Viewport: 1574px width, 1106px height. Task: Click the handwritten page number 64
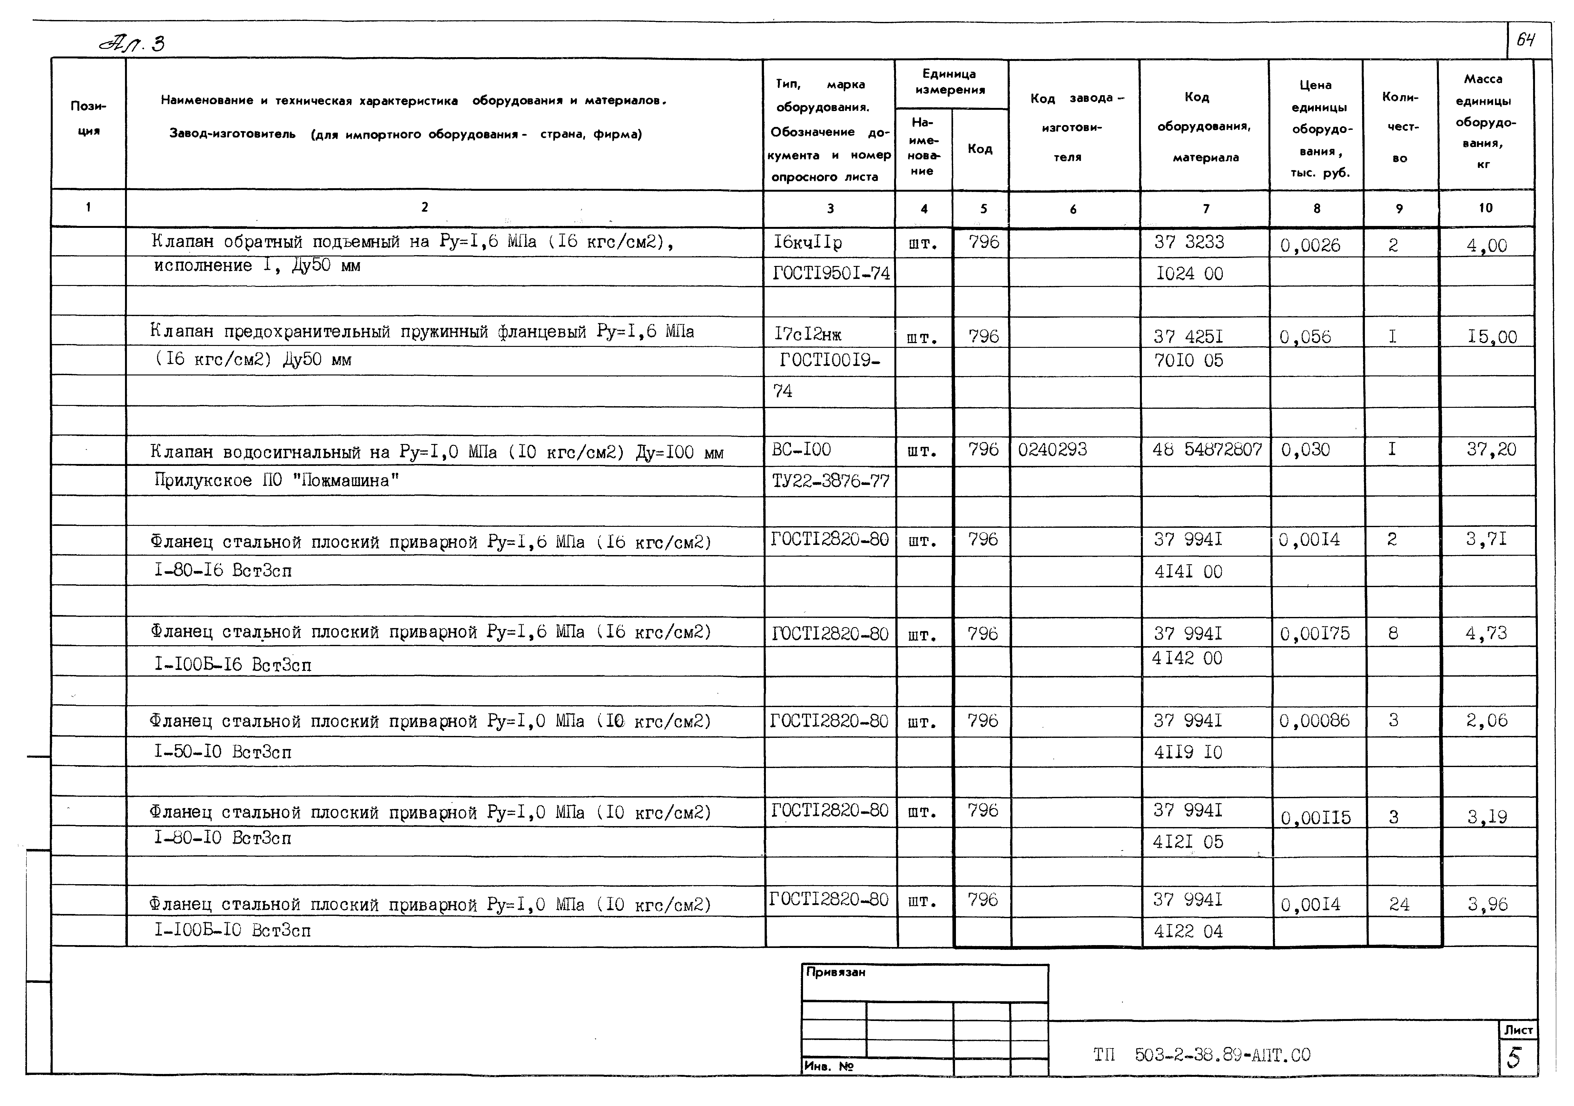coord(1525,40)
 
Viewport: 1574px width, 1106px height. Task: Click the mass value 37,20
coord(1491,450)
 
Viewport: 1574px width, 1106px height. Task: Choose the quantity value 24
coord(1399,904)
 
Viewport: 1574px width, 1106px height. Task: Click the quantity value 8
coord(1393,633)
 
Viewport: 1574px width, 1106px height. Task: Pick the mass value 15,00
coord(1492,337)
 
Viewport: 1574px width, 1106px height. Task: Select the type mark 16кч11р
coord(807,242)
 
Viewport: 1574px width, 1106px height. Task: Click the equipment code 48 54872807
coord(1207,450)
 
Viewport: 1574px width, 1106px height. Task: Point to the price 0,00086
coord(1314,721)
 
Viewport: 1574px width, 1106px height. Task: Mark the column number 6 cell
coord(1073,209)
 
